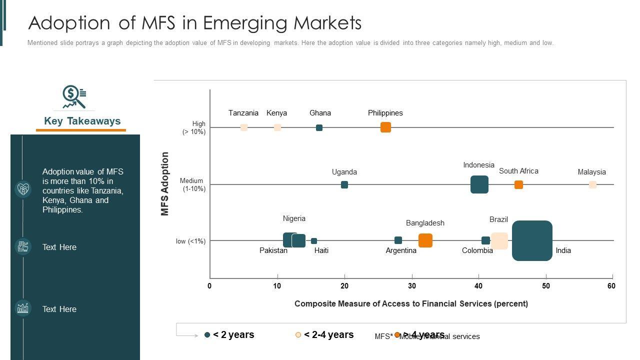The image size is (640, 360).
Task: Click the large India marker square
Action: tap(532, 240)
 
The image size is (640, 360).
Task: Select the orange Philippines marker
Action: tap(385, 127)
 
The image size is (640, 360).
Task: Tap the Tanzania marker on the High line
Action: tap(244, 127)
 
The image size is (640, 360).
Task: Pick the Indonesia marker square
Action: tap(479, 184)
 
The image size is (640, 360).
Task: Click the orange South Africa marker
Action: tap(518, 184)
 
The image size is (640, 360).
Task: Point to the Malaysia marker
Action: tap(592, 184)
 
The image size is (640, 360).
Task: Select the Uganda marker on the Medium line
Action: tap(344, 184)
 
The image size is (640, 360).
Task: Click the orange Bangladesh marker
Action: tap(425, 240)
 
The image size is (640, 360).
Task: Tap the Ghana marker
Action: tap(319, 127)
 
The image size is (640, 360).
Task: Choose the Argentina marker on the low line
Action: tap(398, 240)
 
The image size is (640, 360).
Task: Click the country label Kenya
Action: tap(276, 113)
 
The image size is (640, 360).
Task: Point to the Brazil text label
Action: tap(498, 219)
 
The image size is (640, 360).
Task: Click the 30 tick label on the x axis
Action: tap(411, 286)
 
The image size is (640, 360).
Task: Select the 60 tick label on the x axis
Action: tap(611, 286)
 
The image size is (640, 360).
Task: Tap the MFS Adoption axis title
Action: tap(165, 183)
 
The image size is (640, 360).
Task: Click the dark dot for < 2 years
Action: tap(207, 335)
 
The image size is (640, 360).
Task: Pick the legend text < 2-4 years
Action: tap(328, 335)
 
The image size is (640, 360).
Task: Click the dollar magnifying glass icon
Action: tap(74, 96)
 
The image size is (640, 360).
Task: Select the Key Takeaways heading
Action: tap(82, 121)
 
